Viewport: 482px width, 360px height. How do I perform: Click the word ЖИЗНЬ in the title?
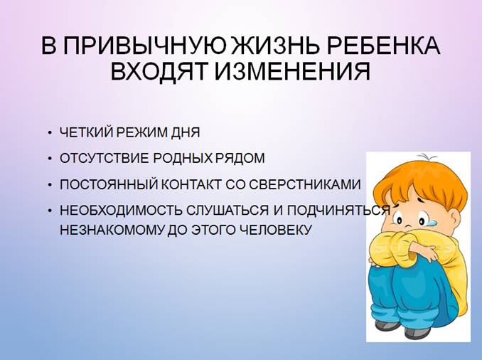[x=274, y=46]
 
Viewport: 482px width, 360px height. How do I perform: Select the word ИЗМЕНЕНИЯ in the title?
[x=291, y=72]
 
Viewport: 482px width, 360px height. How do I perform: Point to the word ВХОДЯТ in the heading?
[x=159, y=73]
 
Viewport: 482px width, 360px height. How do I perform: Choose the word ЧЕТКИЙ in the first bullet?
[x=87, y=132]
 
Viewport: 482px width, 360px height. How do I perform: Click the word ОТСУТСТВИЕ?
[x=105, y=159]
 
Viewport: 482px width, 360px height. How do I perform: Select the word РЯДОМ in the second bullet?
[x=240, y=159]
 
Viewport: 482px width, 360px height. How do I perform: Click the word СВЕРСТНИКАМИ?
[x=305, y=184]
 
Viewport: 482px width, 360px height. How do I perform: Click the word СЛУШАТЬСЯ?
[x=227, y=210]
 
